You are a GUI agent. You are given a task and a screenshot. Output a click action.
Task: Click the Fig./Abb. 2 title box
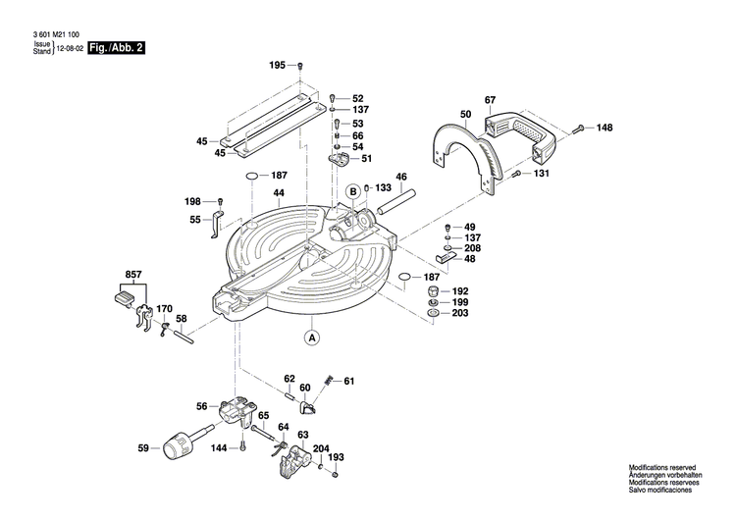[x=116, y=47]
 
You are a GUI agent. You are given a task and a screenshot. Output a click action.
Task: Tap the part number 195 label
[x=278, y=65]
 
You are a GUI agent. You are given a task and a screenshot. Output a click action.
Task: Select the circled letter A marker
[x=312, y=338]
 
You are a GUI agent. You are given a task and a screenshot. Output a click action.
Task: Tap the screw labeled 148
[x=578, y=128]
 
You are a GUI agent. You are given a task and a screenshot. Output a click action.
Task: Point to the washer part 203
[x=433, y=314]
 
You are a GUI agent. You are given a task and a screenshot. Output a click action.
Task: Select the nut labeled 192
[x=433, y=292]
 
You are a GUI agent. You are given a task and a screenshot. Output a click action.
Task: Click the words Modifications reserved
[x=672, y=469]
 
